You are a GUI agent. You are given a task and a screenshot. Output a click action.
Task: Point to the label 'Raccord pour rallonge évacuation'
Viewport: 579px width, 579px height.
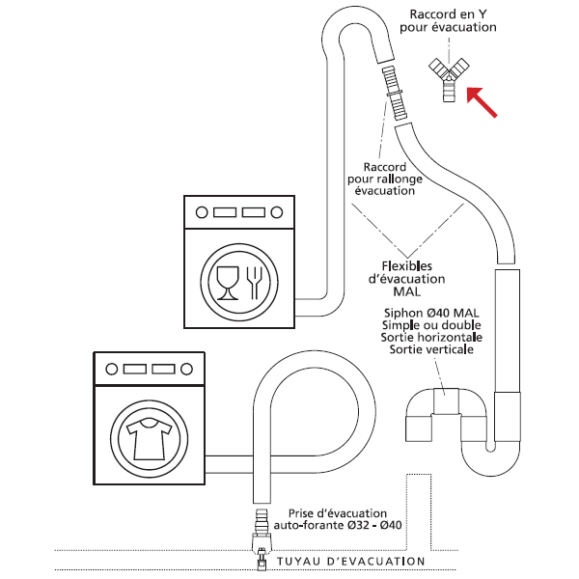tap(384, 178)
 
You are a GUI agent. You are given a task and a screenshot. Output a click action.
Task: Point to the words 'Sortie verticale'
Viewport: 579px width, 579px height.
tap(431, 349)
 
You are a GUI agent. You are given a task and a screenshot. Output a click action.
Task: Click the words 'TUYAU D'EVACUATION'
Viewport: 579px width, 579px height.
tap(350, 561)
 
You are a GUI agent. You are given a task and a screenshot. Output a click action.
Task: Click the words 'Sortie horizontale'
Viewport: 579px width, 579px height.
tap(431, 337)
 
